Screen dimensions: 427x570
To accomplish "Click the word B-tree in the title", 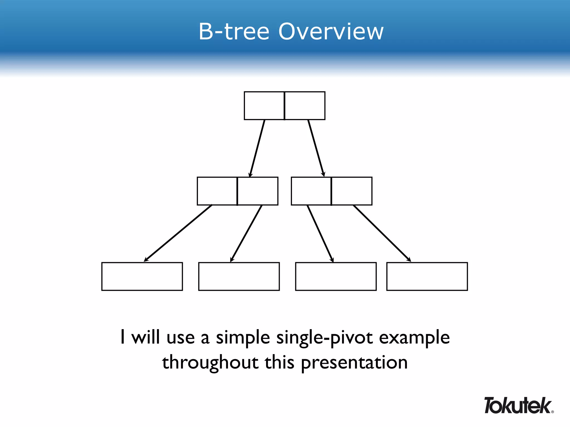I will click(x=234, y=31).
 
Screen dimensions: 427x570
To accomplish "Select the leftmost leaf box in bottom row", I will click(x=142, y=276).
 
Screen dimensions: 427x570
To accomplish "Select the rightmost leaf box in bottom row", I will click(x=427, y=276).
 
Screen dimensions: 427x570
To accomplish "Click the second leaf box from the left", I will click(x=239, y=276).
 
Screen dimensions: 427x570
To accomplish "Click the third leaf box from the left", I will click(x=336, y=276).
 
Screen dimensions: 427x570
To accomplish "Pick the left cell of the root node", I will click(x=264, y=106).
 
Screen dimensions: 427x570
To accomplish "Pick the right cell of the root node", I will click(x=305, y=106).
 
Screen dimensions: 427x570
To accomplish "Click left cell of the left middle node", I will click(x=217, y=191).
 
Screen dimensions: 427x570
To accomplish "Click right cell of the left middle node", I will click(x=258, y=191).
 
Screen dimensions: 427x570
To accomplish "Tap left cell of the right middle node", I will click(x=311, y=191).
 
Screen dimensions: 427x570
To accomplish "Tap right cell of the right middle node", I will click(x=352, y=191).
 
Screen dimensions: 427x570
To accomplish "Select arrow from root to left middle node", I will click(x=257, y=148).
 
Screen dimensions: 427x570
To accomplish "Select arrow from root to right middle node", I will click(x=316, y=148).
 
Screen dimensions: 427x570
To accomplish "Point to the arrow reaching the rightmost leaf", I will click(x=382, y=234).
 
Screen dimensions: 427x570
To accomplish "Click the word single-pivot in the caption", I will click(x=325, y=337).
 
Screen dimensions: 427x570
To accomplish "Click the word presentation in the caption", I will click(x=354, y=363).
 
